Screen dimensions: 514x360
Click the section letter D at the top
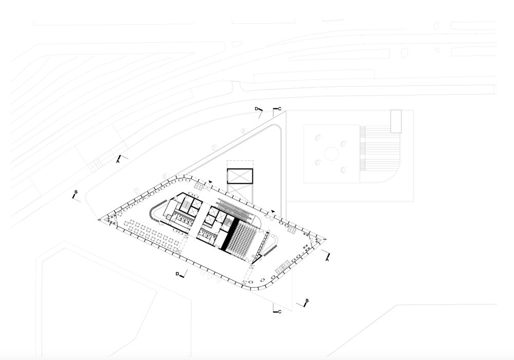pyautogui.click(x=256, y=109)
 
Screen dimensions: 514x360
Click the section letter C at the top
pyautogui.click(x=280, y=109)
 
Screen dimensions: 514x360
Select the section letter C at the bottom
pyautogui.click(x=280, y=312)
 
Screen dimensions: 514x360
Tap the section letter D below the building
pyautogui.click(x=177, y=274)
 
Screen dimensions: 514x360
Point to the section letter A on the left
pyautogui.click(x=118, y=161)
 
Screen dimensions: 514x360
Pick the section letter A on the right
pyautogui.click(x=327, y=259)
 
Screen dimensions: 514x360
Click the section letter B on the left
pyautogui.click(x=76, y=192)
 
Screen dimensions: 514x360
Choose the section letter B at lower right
pyautogui.click(x=307, y=300)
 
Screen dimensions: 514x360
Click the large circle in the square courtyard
pyautogui.click(x=331, y=154)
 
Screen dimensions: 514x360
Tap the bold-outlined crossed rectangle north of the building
pyautogui.click(x=240, y=176)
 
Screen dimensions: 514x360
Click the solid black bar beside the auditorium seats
pyautogui.click(x=231, y=234)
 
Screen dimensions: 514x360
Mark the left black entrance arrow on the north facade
pyautogui.click(x=210, y=182)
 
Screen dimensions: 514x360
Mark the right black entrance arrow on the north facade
pyautogui.click(x=272, y=211)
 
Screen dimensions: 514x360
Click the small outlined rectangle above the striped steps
pyautogui.click(x=396, y=121)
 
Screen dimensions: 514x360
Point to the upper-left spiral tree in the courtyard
pyautogui.click(x=318, y=138)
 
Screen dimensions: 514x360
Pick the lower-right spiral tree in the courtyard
pyautogui.click(x=343, y=169)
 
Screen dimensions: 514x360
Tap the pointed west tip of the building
pyautogui.click(x=98, y=219)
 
